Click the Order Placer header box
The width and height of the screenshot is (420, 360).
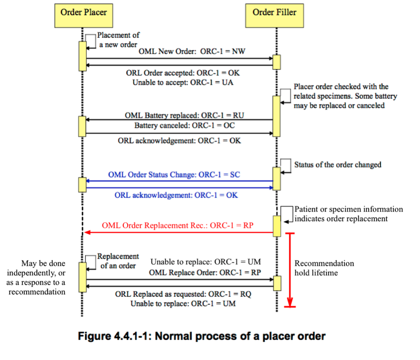(x=83, y=12)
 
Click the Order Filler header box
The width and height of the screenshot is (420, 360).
(x=274, y=12)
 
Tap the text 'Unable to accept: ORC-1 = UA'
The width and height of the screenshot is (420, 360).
(x=183, y=82)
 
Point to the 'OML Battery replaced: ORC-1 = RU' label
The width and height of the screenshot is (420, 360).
(x=184, y=115)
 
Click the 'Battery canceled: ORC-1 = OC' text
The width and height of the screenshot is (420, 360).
(x=184, y=125)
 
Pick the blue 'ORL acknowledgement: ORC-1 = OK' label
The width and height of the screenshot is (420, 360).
(x=176, y=195)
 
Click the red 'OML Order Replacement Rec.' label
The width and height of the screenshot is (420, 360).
(x=177, y=225)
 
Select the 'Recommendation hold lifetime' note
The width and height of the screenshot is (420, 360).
(x=324, y=268)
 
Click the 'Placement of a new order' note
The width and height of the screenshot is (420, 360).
(x=118, y=40)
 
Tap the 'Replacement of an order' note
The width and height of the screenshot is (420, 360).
(x=118, y=261)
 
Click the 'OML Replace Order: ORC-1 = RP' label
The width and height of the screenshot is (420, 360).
(x=205, y=272)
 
